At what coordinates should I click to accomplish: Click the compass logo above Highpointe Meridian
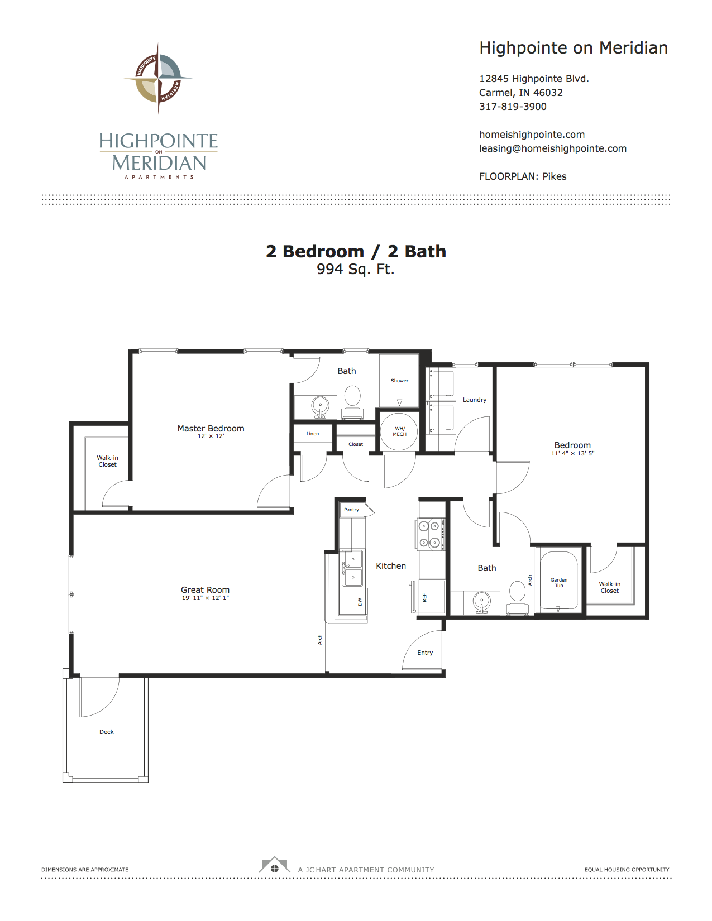(x=158, y=78)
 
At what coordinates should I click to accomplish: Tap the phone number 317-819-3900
(x=513, y=107)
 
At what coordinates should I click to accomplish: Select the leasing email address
(x=552, y=149)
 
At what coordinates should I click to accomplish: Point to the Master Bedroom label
(x=211, y=429)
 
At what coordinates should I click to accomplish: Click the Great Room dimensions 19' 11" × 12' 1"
(x=206, y=598)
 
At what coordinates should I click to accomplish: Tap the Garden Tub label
(x=559, y=583)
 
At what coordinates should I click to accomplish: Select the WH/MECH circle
(x=399, y=431)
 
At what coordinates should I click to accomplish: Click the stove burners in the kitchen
(x=429, y=534)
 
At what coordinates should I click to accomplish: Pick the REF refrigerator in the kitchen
(x=428, y=597)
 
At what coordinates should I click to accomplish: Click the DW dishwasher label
(x=360, y=601)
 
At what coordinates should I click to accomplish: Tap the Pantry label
(x=352, y=510)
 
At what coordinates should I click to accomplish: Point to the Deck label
(x=107, y=732)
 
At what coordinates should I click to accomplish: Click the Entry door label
(x=425, y=653)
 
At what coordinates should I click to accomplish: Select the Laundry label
(x=475, y=400)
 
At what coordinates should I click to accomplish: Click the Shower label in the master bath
(x=399, y=381)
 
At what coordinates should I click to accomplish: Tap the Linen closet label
(x=313, y=434)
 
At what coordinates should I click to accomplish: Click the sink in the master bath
(x=320, y=406)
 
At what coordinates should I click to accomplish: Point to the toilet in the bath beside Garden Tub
(x=517, y=596)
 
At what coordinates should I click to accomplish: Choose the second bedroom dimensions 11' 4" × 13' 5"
(x=572, y=453)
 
